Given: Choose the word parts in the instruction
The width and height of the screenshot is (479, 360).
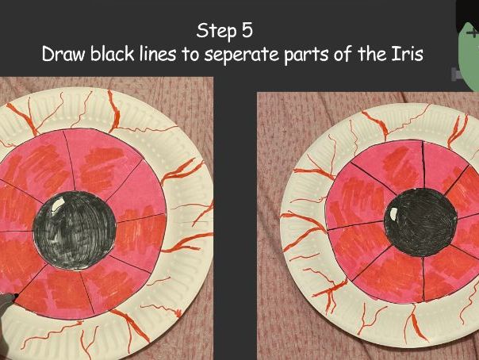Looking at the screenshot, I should point(303,56).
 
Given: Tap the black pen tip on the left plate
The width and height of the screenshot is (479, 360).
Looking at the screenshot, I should point(15,297).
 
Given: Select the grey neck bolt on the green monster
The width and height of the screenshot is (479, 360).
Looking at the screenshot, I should point(456,74).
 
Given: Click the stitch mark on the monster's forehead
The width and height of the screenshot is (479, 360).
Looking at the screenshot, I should point(473,34).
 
